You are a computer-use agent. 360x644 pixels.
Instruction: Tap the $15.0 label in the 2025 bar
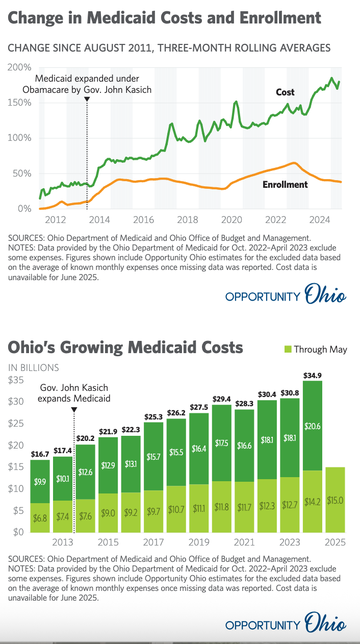pyautogui.click(x=335, y=501)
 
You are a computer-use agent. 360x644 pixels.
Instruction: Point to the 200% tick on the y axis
pyautogui.click(x=20, y=67)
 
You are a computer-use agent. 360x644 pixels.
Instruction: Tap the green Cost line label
pyautogui.click(x=285, y=92)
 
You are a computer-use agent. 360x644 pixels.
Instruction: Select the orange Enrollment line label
pyautogui.click(x=285, y=184)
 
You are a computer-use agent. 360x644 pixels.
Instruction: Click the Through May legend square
pyautogui.click(x=288, y=349)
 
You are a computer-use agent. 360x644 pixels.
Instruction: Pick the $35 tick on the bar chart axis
pyautogui.click(x=16, y=380)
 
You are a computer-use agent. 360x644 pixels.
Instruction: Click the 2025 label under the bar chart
pyautogui.click(x=335, y=541)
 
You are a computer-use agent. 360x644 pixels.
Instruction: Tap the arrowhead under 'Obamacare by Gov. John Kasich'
pyautogui.click(x=87, y=99)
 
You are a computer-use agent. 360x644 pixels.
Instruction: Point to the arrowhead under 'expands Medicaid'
pyautogui.click(x=74, y=409)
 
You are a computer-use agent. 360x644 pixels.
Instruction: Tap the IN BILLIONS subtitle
pyautogui.click(x=33, y=367)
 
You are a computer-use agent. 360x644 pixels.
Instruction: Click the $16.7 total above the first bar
pyautogui.click(x=40, y=454)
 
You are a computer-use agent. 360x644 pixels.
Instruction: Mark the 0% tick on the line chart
pyautogui.click(x=23, y=209)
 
